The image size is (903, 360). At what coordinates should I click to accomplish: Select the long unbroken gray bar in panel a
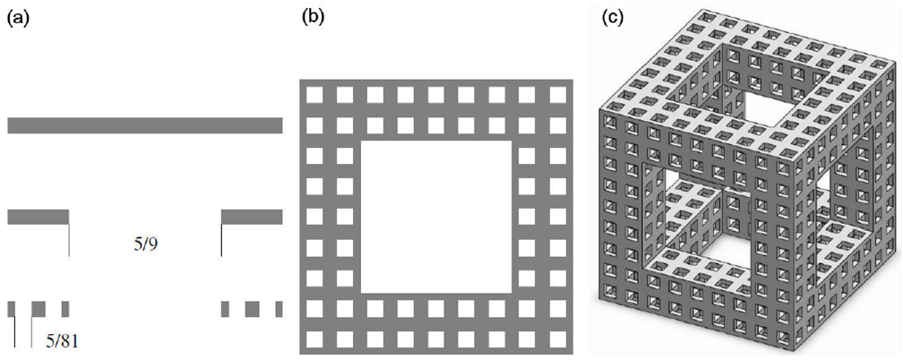(144, 125)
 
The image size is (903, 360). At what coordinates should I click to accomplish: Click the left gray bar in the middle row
(39, 217)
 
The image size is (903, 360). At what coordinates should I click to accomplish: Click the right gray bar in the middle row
(252, 217)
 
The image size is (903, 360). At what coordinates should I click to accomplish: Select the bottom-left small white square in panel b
(314, 339)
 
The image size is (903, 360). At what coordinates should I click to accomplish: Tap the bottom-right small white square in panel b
(557, 339)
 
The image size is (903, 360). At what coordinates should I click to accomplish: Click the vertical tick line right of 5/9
(220, 240)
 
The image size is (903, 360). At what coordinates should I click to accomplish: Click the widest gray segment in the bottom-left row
(39, 309)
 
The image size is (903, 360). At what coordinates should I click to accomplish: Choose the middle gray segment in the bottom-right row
(252, 309)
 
